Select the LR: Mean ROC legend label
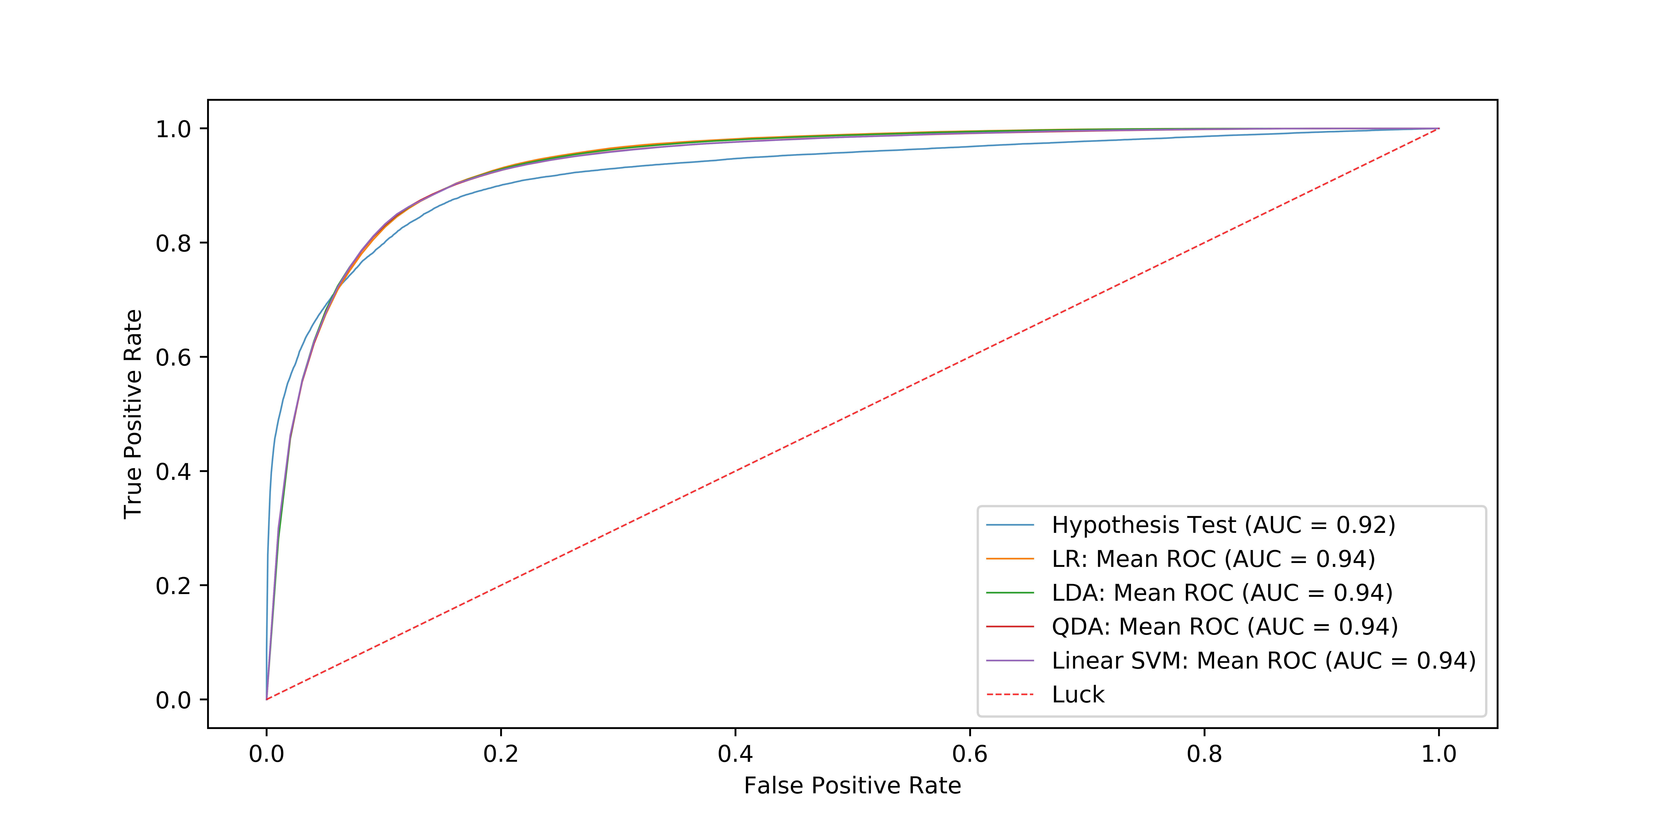pos(1213,559)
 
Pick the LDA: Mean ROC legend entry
pos(1222,593)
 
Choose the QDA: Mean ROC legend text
pos(1224,627)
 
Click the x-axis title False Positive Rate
pos(852,785)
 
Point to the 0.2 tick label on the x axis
pos(501,754)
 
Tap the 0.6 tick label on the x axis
pos(970,754)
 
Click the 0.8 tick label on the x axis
pos(1204,754)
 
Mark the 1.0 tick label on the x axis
pos(1439,754)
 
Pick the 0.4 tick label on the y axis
pos(173,471)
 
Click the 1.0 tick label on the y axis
pos(173,129)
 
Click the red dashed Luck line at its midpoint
pos(853,414)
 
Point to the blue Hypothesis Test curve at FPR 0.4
pos(735,158)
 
